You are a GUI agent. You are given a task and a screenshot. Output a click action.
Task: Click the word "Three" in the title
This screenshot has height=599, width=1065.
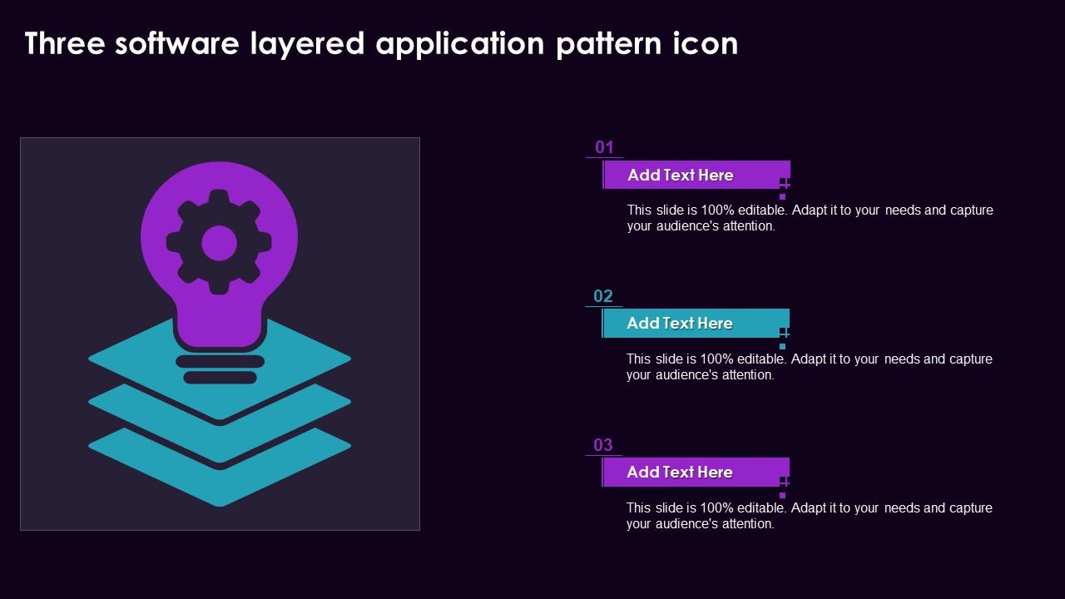(x=65, y=43)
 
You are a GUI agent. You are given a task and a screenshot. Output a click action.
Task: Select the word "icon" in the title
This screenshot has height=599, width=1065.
(x=706, y=43)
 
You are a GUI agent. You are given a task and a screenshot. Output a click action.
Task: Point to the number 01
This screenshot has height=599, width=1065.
(x=604, y=147)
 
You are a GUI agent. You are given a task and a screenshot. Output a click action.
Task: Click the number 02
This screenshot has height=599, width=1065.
(x=603, y=296)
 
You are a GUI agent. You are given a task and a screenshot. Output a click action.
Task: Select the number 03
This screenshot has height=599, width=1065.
(x=603, y=445)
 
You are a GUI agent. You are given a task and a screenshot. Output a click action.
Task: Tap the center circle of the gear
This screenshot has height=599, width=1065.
(x=219, y=243)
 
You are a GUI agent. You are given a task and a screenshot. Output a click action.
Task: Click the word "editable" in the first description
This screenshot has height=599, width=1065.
(x=763, y=210)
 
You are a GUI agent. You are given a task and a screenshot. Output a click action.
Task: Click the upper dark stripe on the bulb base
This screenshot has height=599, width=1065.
(x=220, y=361)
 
